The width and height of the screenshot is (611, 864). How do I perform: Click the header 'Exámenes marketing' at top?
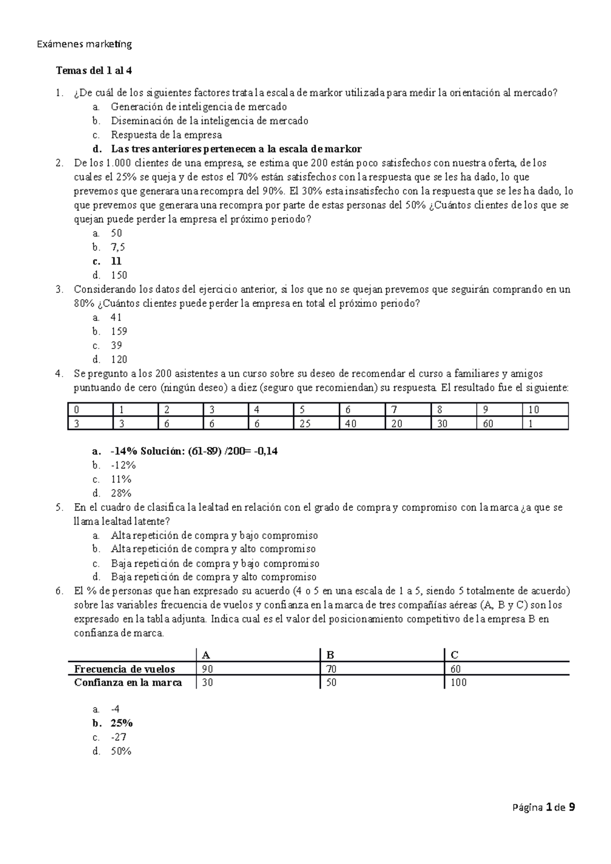85,44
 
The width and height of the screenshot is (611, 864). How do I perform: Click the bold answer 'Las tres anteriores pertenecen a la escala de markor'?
236,149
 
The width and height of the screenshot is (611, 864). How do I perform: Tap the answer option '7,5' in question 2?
118,247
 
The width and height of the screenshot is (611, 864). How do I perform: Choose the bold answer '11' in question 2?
116,262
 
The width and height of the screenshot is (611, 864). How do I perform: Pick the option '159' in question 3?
119,331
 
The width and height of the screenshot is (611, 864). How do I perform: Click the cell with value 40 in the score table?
350,423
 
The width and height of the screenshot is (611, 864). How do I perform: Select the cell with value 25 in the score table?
304,423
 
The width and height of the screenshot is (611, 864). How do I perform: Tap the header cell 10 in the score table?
534,410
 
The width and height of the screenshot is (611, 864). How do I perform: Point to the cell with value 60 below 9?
487,423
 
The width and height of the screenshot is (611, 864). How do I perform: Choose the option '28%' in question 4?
121,493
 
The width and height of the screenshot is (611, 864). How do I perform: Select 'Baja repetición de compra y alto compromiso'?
213,577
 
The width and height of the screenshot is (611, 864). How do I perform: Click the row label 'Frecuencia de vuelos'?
124,669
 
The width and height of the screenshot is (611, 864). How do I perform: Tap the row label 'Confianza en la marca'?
128,683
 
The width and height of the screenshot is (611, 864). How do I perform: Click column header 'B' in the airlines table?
330,655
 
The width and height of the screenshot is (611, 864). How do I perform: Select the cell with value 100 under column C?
458,683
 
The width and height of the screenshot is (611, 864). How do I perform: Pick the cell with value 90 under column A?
207,669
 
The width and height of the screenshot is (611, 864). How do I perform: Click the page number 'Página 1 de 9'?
543,807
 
